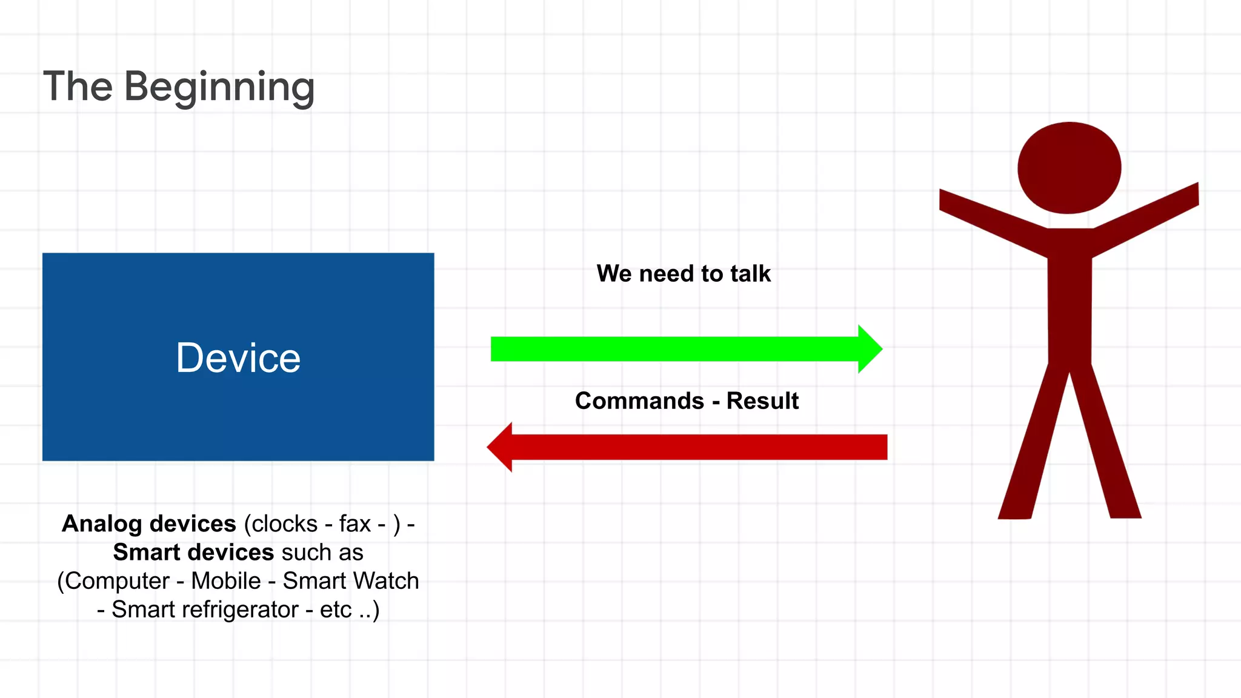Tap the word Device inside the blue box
point(238,357)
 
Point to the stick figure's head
point(1069,168)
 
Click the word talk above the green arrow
point(750,274)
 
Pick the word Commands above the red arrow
point(639,401)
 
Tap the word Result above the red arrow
point(762,401)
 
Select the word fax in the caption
point(354,524)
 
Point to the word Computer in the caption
point(117,581)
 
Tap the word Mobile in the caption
point(226,581)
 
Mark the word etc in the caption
point(335,610)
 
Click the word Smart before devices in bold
point(147,553)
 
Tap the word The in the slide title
point(78,87)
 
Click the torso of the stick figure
point(1070,297)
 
